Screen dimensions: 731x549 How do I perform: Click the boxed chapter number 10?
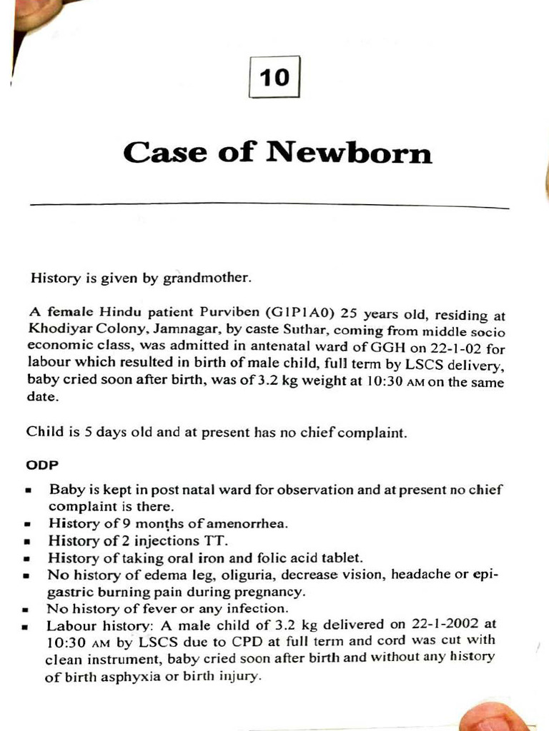pos(275,77)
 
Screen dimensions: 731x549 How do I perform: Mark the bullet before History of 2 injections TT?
pos(27,542)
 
